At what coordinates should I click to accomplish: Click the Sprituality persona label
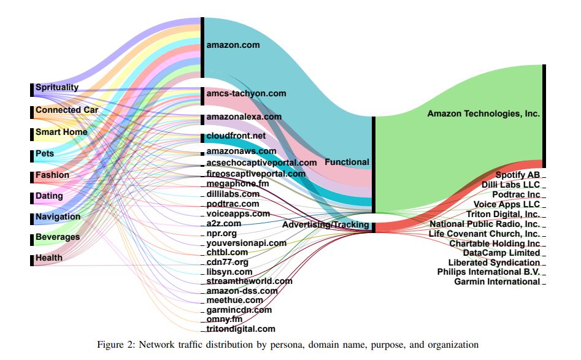(57, 88)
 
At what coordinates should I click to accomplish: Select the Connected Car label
(66, 110)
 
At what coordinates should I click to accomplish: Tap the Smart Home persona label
(61, 132)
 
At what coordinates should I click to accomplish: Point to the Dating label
(49, 196)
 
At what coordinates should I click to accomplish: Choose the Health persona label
(49, 258)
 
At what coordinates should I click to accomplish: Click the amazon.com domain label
(233, 45)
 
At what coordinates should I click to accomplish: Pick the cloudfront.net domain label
(236, 136)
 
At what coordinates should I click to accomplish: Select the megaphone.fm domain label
(237, 184)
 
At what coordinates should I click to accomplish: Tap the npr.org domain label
(221, 234)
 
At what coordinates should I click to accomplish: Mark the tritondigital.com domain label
(240, 329)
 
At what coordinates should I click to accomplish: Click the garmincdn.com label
(239, 310)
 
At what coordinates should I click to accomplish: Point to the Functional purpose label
(347, 163)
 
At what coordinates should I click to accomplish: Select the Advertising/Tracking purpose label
(326, 225)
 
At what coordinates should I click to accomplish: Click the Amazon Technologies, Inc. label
(483, 114)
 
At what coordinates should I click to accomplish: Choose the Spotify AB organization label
(517, 175)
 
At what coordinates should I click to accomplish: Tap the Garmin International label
(497, 282)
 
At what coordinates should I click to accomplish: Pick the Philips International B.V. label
(488, 272)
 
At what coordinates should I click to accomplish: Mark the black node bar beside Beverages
(32, 238)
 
